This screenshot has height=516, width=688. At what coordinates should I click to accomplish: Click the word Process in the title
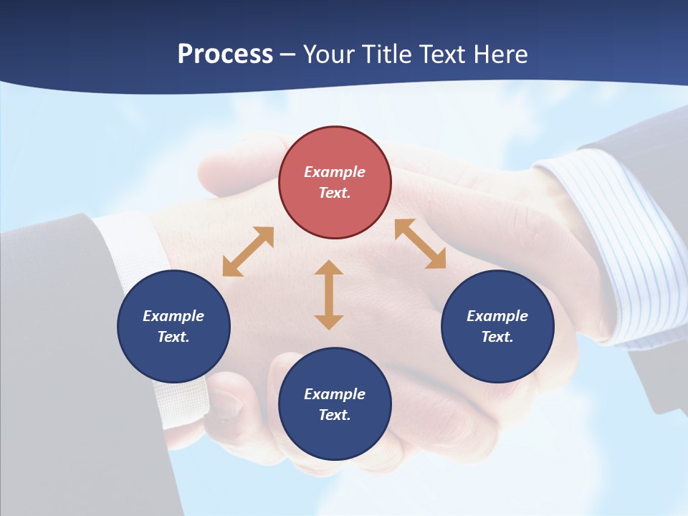(225, 54)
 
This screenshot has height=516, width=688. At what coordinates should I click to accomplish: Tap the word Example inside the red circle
(335, 172)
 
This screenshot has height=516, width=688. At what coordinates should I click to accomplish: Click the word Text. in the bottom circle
(335, 415)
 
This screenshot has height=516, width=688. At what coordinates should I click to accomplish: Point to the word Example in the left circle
(173, 316)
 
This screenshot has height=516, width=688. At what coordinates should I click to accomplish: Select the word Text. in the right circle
(497, 337)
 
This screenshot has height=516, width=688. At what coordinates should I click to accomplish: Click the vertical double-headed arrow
(329, 295)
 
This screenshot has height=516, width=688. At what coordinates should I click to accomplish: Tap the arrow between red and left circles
(248, 252)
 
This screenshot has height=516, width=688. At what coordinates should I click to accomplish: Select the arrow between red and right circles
(420, 244)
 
